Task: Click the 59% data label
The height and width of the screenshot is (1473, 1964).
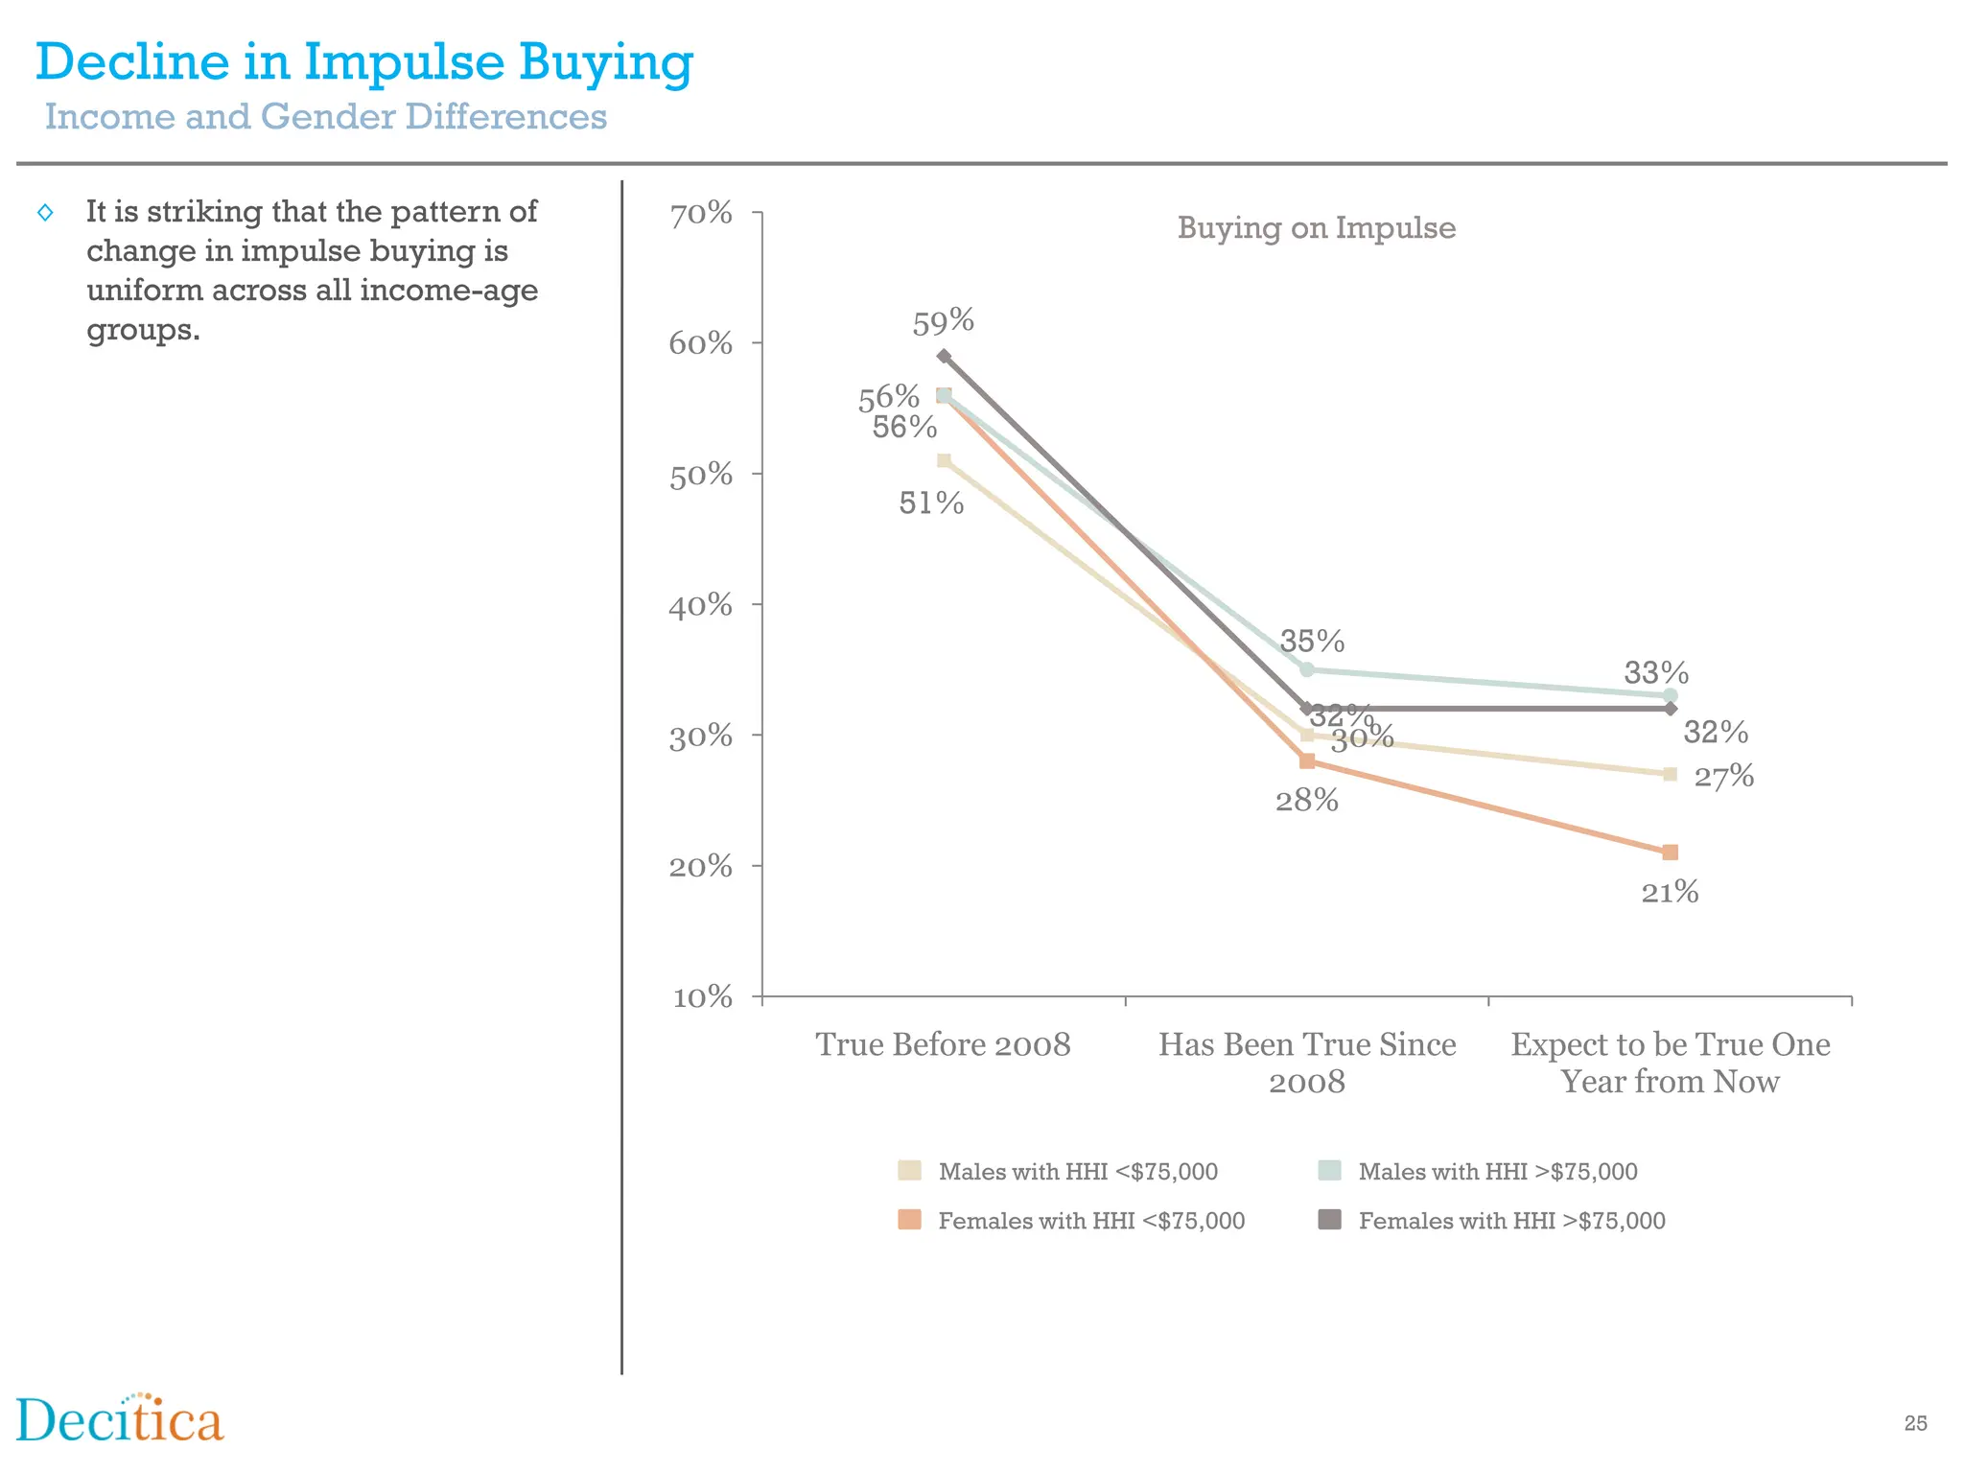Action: point(943,322)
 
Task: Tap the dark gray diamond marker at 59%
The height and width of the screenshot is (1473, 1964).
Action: point(944,356)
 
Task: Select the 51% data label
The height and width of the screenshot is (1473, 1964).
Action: point(930,503)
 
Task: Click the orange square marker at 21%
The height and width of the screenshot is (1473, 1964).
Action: point(1670,853)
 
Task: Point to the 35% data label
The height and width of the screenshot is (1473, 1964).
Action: point(1312,641)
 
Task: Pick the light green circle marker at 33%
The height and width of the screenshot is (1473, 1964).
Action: point(1670,695)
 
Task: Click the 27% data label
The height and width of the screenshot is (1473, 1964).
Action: point(1723,776)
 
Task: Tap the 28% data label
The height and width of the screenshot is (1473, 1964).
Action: point(1306,800)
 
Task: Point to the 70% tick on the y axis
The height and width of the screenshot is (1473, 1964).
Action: point(701,214)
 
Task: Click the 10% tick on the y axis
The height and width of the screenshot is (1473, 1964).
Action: point(701,997)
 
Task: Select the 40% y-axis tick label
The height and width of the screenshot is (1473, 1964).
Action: point(701,605)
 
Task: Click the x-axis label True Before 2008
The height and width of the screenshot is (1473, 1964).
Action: point(943,1043)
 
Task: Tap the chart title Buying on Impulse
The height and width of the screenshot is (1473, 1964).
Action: point(1316,228)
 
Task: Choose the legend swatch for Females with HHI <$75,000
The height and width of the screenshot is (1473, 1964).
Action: point(909,1220)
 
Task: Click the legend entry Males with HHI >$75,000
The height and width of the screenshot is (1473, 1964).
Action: point(1497,1171)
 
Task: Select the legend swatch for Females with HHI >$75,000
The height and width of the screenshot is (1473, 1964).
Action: point(1329,1220)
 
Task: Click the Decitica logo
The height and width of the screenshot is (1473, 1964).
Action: point(120,1419)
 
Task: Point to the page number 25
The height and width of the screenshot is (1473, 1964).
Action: point(1915,1423)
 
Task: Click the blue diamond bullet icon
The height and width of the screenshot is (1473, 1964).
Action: point(45,213)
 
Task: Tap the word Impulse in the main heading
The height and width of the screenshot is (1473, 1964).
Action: point(404,62)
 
